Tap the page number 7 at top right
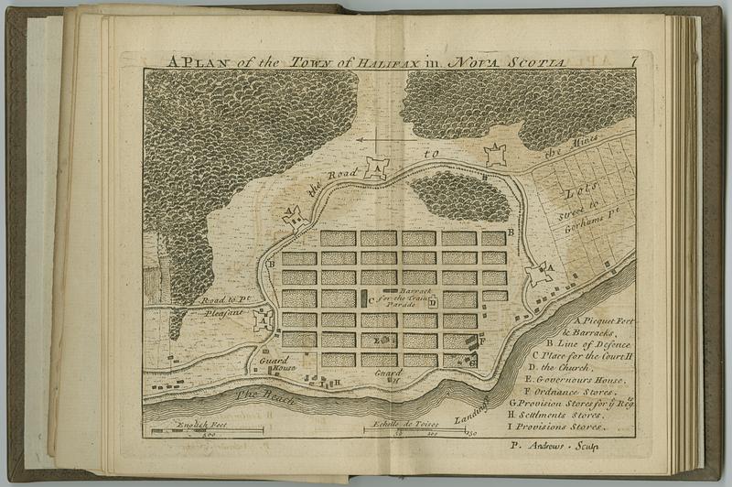[x=634, y=61]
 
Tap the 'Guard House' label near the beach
[x=274, y=363]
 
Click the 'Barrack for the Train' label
[x=401, y=292]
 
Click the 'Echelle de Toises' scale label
[x=401, y=425]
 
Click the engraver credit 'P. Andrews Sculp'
[x=554, y=448]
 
